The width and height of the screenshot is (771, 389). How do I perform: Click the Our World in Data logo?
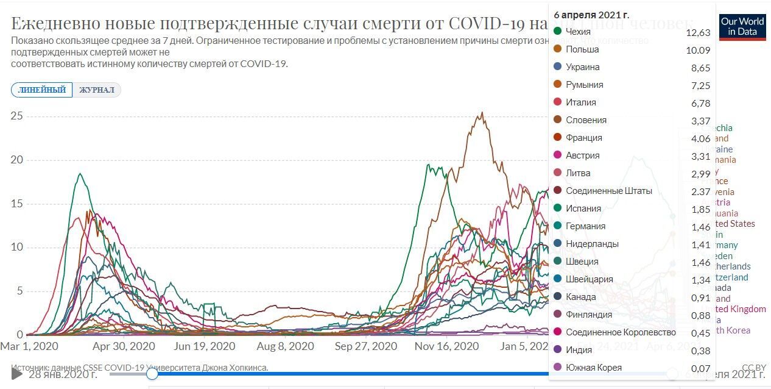pos(742,27)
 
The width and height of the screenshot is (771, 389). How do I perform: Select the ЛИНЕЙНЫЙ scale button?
pos(41,90)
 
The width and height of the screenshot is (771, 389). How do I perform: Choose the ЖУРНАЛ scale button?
pos(96,90)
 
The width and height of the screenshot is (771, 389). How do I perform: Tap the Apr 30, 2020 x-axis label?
pos(124,346)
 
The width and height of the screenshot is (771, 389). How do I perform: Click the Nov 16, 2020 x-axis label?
pos(446,346)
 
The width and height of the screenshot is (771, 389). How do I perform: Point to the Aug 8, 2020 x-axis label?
pos(285,346)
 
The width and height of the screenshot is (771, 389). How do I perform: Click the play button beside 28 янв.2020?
pos(17,373)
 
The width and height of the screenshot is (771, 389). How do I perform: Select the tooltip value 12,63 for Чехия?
pos(698,32)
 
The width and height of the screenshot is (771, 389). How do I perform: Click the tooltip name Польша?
pos(582,49)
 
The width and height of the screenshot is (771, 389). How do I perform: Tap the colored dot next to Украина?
pos(557,67)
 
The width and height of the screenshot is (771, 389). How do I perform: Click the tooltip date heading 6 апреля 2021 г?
pos(591,14)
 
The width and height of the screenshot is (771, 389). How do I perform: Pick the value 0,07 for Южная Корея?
pos(701,368)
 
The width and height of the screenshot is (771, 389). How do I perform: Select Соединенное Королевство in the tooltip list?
pos(621,332)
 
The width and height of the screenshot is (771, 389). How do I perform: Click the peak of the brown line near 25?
pos(482,113)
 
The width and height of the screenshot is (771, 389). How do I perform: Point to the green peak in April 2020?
pos(80,174)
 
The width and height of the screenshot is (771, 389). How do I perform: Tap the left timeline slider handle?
pos(152,373)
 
